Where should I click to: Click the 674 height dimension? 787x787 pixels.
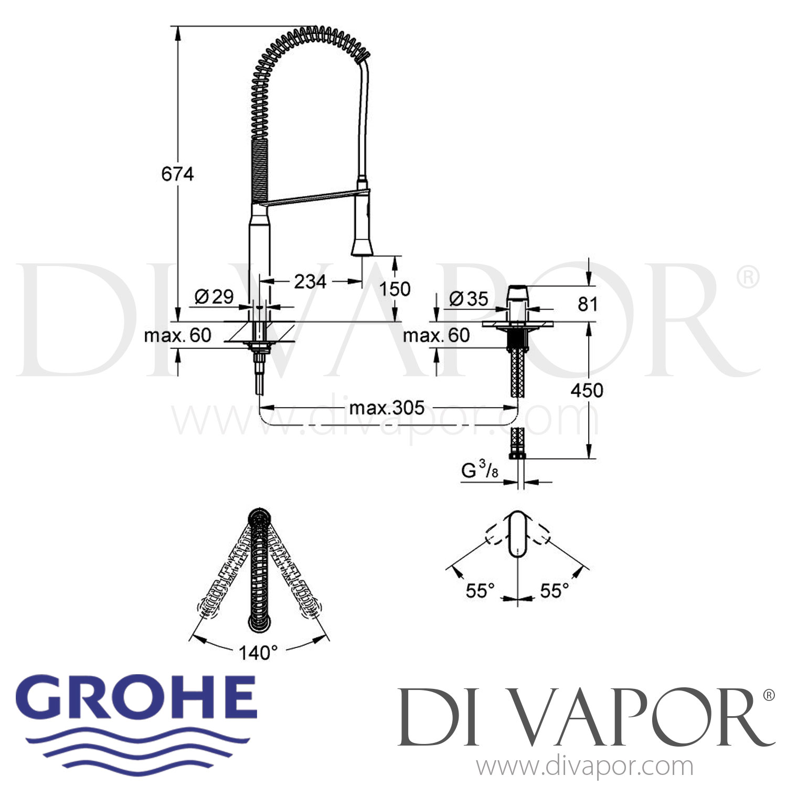click(177, 174)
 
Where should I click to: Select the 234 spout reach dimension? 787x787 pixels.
click(310, 282)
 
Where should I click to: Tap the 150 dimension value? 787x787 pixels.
click(395, 289)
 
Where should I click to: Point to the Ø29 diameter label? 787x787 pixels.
click(214, 297)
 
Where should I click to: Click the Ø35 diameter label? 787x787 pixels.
click(469, 299)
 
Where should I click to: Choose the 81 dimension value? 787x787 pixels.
click(587, 304)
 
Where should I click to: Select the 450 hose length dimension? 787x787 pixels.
click(587, 390)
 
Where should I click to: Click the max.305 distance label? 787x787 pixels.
click(387, 408)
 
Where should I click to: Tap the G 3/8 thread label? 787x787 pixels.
click(480, 471)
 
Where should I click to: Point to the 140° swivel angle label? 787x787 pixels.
click(258, 653)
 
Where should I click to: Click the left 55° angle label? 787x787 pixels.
click(480, 591)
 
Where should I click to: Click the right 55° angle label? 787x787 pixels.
click(555, 591)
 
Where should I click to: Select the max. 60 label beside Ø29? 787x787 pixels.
click(177, 335)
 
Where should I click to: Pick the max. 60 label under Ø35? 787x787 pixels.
click(436, 335)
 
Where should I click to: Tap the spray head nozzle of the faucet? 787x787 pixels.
click(362, 248)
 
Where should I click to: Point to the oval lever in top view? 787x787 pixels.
click(518, 534)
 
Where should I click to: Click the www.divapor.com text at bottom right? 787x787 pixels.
click(584, 766)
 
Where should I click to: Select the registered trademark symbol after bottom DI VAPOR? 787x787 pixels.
click(768, 696)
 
